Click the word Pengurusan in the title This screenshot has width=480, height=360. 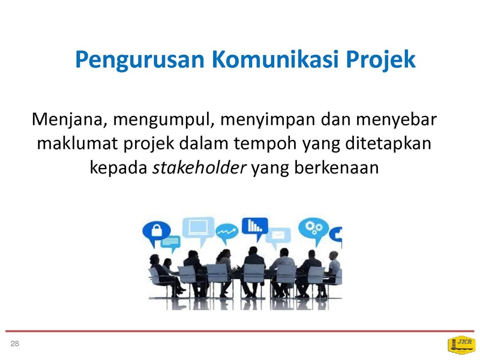(x=140, y=60)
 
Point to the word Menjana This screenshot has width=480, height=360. (x=68, y=119)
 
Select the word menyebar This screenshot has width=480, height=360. (x=396, y=119)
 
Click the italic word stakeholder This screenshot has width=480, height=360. (x=199, y=167)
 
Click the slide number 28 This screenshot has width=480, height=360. (x=14, y=344)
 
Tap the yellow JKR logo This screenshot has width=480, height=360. (x=461, y=344)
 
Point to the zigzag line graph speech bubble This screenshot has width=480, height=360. (x=227, y=233)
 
